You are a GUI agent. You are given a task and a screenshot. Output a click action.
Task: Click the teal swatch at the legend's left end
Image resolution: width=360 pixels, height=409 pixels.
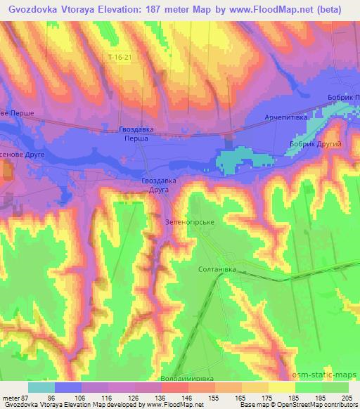[x=41, y=387]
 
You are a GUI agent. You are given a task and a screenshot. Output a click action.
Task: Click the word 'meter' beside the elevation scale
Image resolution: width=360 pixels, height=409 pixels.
[x=10, y=397]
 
